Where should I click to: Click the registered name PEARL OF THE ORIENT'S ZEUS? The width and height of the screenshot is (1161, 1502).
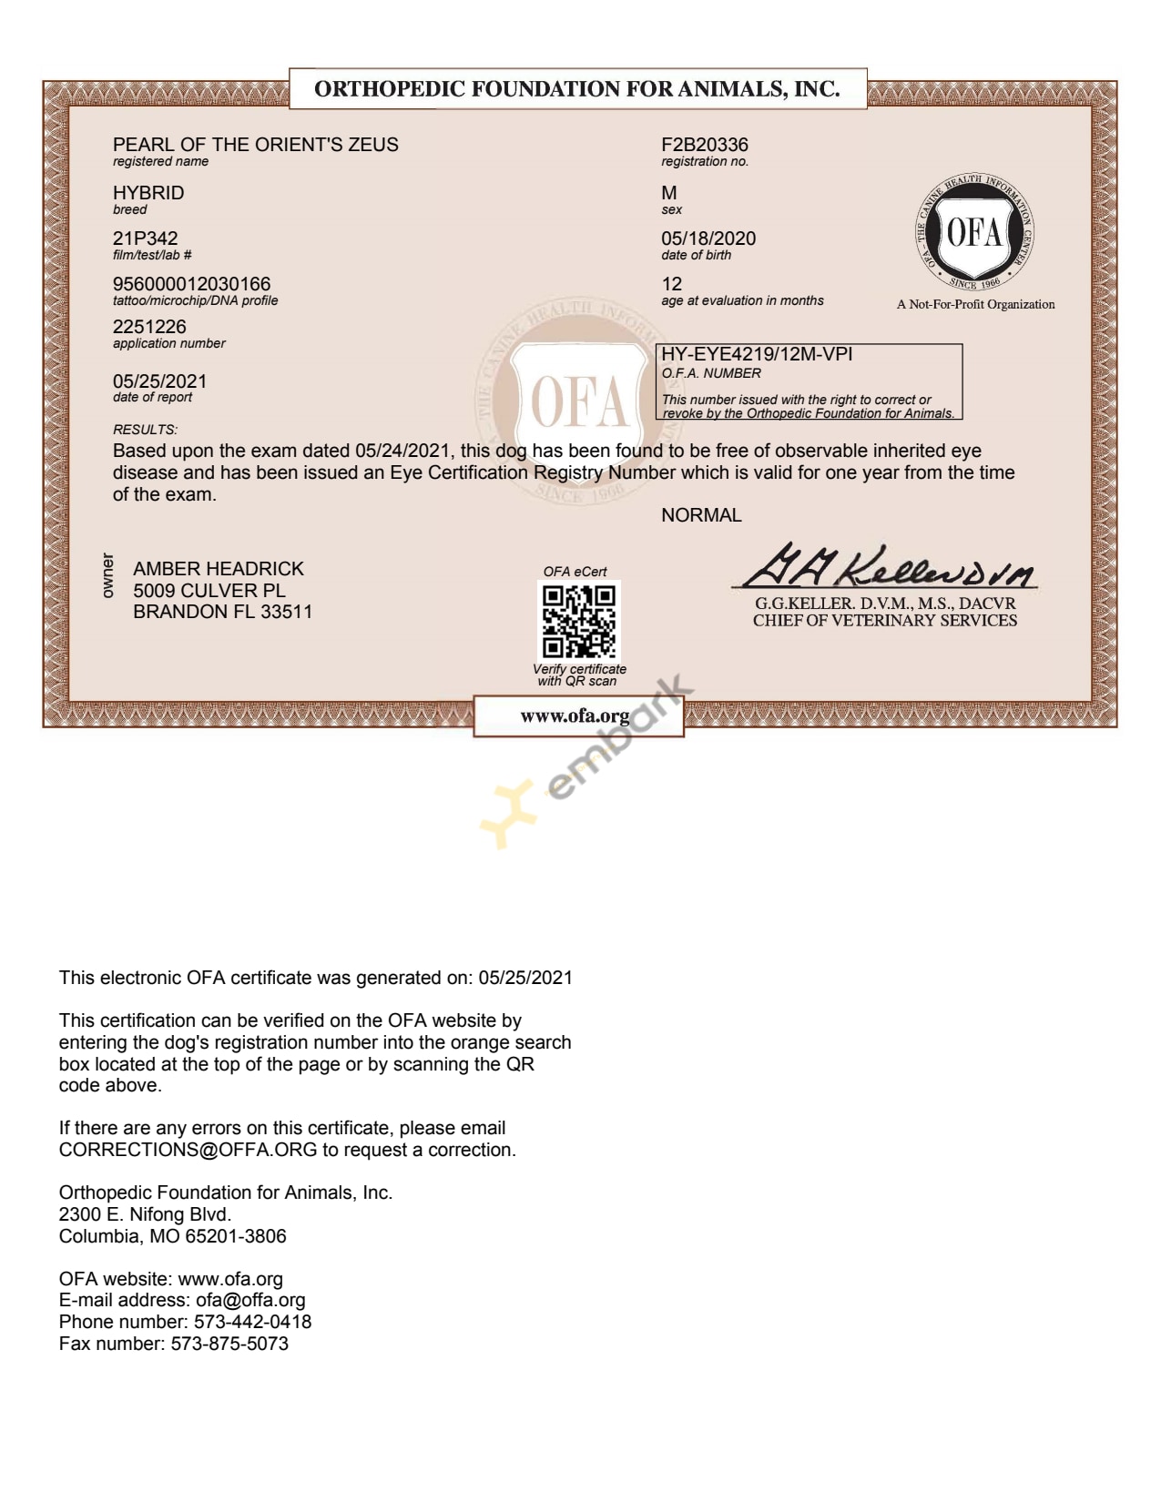(x=255, y=145)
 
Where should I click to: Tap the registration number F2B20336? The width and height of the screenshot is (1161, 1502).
(x=704, y=145)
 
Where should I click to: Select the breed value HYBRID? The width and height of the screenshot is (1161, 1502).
(x=148, y=193)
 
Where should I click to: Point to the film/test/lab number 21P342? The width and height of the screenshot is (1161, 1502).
(x=145, y=238)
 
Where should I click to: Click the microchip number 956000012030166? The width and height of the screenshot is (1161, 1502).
(x=191, y=284)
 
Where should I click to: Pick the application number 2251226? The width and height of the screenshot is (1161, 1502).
(x=149, y=327)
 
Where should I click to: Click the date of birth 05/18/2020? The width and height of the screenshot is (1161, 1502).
(x=708, y=238)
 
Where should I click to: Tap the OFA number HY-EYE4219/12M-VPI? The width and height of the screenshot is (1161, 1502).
(x=757, y=354)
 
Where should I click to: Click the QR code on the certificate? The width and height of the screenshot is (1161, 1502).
(x=579, y=622)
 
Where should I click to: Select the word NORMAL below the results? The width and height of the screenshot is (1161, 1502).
(x=701, y=515)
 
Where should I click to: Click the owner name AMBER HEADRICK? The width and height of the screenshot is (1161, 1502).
(x=219, y=569)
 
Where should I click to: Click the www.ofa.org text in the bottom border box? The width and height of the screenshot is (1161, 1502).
(x=575, y=716)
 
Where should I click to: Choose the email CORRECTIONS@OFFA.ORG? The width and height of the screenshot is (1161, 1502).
(x=188, y=1150)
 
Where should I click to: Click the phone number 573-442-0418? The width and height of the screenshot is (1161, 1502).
(x=252, y=1322)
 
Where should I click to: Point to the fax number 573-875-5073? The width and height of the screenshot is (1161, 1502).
(x=229, y=1344)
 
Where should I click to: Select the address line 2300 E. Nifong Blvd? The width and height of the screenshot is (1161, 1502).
(x=145, y=1214)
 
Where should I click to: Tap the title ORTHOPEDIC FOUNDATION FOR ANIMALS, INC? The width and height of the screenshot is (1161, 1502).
(x=576, y=89)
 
